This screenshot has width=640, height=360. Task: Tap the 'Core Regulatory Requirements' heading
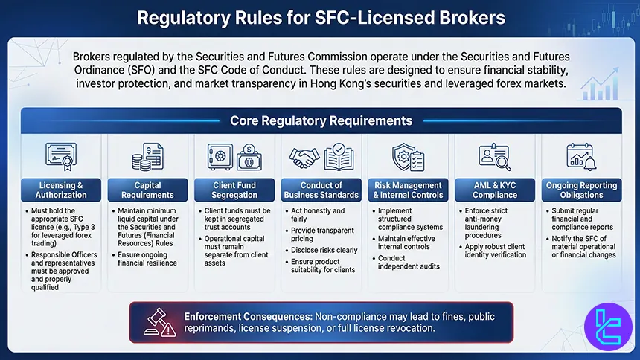click(321, 120)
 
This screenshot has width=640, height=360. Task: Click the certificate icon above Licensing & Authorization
click(61, 156)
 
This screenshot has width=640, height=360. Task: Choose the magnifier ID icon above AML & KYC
click(494, 156)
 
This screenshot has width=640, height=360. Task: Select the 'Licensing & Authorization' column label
click(61, 190)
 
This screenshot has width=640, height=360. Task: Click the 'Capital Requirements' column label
click(147, 190)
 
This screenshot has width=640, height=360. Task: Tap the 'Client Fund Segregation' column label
click(234, 190)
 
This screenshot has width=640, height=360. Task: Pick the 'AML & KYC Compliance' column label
click(495, 190)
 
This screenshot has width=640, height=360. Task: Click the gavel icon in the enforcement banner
click(153, 322)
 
